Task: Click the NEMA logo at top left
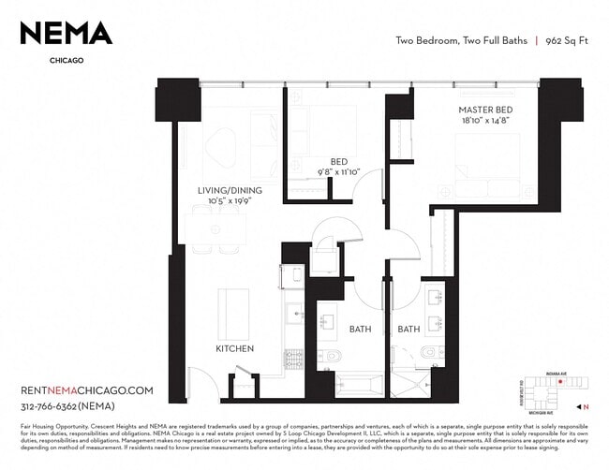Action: (66, 34)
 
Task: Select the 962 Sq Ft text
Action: (571, 41)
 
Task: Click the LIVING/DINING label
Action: (229, 191)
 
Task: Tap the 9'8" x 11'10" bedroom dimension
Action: (339, 172)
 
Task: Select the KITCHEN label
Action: (234, 348)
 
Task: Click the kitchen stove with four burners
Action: (289, 279)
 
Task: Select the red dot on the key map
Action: (559, 382)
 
